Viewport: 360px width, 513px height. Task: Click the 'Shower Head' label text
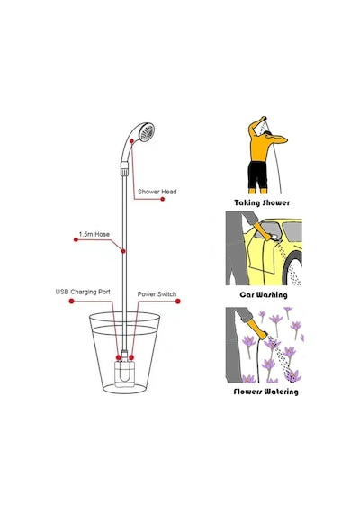pyautogui.click(x=157, y=192)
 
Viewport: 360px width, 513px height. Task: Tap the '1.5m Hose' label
pyautogui.click(x=94, y=234)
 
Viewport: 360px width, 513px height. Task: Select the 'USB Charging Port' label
pyautogui.click(x=83, y=292)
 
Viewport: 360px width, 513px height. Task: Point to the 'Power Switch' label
pyautogui.click(x=157, y=294)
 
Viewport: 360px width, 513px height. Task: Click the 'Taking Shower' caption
pyautogui.click(x=262, y=202)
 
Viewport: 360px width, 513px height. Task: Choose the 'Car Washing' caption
pyautogui.click(x=264, y=295)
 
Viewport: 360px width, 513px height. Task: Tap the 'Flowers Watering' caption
pyautogui.click(x=265, y=391)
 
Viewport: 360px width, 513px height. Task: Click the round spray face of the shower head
pyautogui.click(x=146, y=131)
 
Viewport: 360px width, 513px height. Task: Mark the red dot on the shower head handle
pyautogui.click(x=131, y=141)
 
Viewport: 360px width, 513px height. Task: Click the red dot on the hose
pyautogui.click(x=123, y=251)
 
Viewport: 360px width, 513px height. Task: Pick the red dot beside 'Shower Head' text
pyautogui.click(x=163, y=199)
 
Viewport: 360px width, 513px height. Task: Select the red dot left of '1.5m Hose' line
pyautogui.click(x=76, y=239)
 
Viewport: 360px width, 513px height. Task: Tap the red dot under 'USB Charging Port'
pyautogui.click(x=72, y=301)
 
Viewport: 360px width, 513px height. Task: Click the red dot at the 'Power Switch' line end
pyautogui.click(x=178, y=301)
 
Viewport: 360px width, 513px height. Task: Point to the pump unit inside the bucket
pyautogui.click(x=125, y=372)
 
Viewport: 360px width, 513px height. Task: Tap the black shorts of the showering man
pyautogui.click(x=257, y=175)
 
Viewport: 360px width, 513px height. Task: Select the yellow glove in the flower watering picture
pyautogui.click(x=256, y=328)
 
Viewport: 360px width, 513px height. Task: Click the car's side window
pyautogui.click(x=292, y=231)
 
